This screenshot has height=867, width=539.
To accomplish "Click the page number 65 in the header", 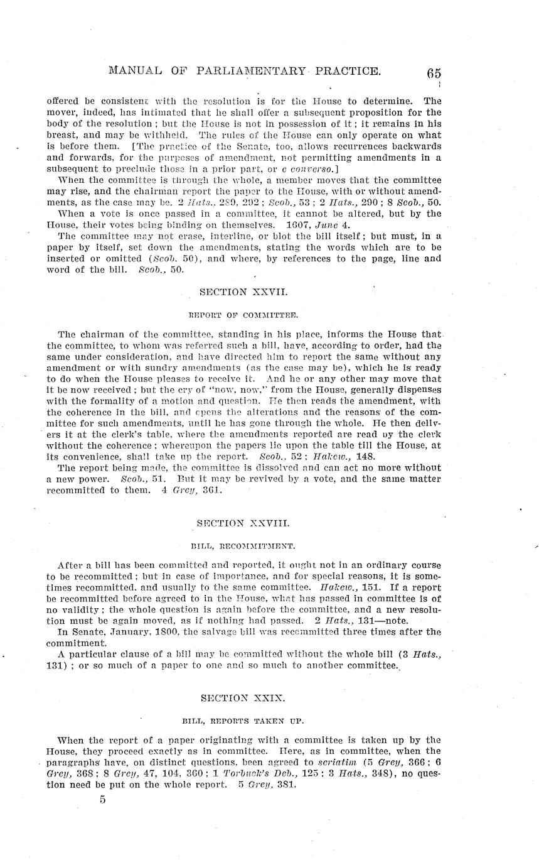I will (x=434, y=72).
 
